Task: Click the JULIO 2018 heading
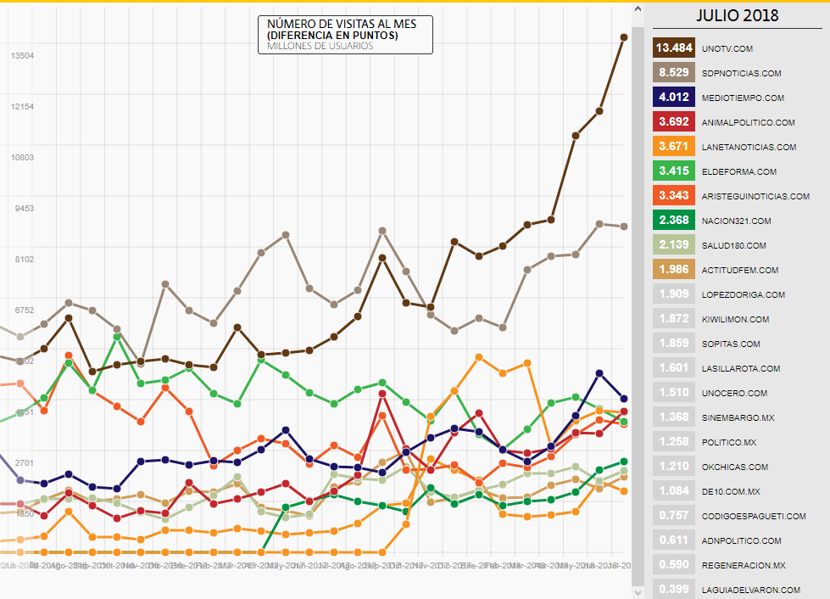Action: (737, 15)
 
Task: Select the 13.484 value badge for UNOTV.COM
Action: (675, 48)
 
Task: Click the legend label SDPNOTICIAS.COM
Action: (742, 73)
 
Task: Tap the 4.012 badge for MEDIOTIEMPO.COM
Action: (675, 98)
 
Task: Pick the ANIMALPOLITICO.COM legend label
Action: (749, 122)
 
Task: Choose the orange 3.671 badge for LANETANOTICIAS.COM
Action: (675, 147)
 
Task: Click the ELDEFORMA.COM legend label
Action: (739, 171)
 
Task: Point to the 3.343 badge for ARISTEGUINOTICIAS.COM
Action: (675, 196)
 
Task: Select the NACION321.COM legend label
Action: (737, 221)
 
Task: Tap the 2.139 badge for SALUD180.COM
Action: (675, 245)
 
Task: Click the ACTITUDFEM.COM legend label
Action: (740, 270)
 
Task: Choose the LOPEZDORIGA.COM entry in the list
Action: (744, 294)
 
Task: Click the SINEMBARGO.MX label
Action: (738, 417)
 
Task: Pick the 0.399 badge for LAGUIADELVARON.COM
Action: (675, 590)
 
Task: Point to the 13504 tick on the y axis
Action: (22, 56)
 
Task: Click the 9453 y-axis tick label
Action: (22, 209)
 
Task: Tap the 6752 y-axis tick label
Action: (22, 311)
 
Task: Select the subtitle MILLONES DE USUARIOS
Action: (320, 46)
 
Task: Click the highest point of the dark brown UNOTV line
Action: (624, 36)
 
